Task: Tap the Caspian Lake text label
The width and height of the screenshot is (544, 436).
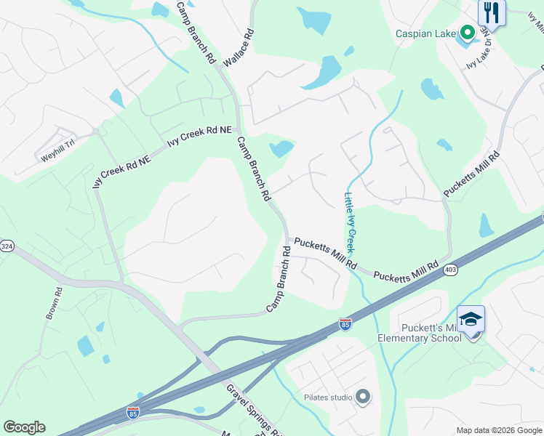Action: [x=425, y=33]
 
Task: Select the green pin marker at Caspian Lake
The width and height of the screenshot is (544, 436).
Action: [x=468, y=32]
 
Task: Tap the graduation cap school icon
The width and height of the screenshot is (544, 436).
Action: [x=471, y=319]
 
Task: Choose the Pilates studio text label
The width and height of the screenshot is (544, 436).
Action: [x=328, y=397]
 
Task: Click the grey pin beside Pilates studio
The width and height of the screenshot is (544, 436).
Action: [x=363, y=397]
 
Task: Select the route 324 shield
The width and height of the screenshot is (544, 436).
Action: [x=6, y=246]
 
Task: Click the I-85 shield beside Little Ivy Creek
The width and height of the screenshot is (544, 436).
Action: [x=345, y=324]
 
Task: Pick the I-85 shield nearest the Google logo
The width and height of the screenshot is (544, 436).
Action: [x=132, y=413]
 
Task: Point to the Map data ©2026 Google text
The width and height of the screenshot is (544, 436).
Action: [x=499, y=430]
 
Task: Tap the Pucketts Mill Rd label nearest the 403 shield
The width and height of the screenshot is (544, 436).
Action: [x=407, y=270]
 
